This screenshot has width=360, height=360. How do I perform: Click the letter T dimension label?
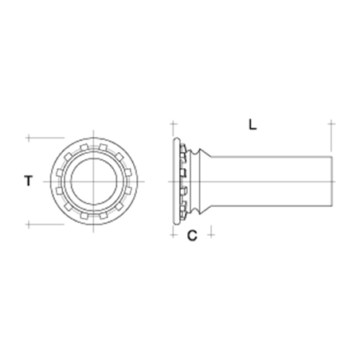(29, 182)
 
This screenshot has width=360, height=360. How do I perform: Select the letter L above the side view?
(252, 125)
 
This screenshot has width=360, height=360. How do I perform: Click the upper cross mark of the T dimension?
(29, 138)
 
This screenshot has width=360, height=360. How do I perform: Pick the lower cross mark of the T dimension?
(29, 224)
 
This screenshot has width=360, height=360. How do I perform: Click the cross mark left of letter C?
(174, 234)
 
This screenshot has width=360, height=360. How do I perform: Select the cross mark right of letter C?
(210, 234)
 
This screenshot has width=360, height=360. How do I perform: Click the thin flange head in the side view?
(176, 181)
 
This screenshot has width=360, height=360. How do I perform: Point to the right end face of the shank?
(331, 181)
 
